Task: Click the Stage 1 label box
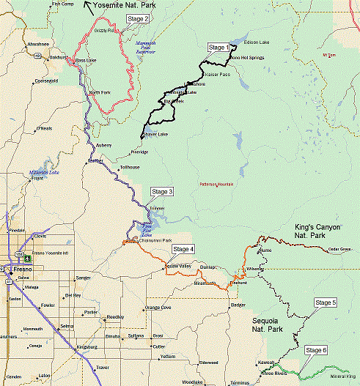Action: coord(218,48)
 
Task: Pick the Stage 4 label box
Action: coord(183,249)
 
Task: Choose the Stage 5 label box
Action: coord(325,303)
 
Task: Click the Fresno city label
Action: coord(16,270)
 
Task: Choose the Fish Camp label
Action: coord(64,4)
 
